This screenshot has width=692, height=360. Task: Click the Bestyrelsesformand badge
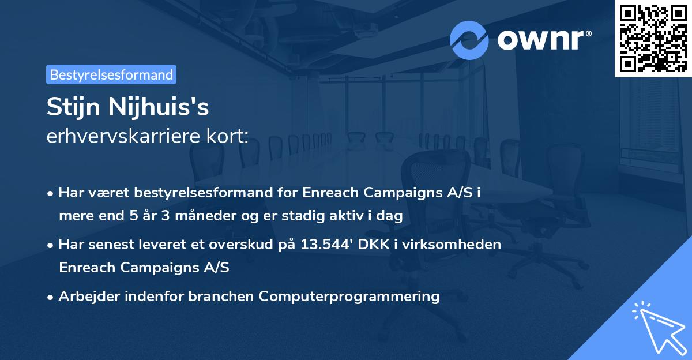pos(111,74)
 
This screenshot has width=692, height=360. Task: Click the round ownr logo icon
pos(469,40)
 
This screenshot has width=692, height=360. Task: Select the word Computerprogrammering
pos(349,297)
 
